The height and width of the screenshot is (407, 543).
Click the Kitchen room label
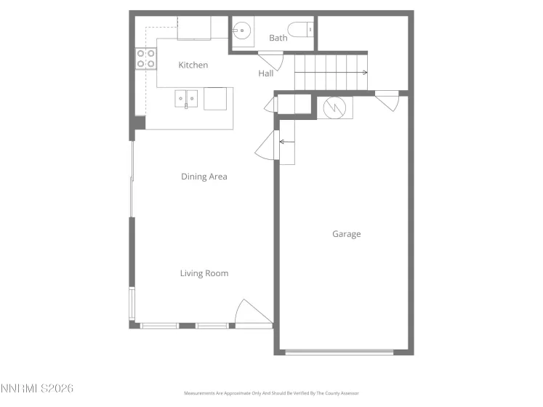[193, 65]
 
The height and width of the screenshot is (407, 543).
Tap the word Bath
[278, 38]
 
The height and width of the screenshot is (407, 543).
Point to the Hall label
[266, 73]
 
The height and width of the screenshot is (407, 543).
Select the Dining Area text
[204, 177]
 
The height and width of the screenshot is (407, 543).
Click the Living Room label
[204, 273]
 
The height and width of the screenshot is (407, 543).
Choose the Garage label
[347, 234]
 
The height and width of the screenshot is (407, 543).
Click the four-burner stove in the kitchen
[146, 58]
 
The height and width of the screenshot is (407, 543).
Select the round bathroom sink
[242, 31]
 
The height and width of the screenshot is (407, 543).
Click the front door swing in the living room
[250, 313]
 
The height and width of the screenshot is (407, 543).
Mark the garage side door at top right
[388, 101]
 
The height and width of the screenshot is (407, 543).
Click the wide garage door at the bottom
[339, 352]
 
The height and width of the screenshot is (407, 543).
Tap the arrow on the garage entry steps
[285, 142]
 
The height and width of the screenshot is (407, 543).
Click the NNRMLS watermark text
[37, 389]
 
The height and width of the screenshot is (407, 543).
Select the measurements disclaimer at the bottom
[271, 393]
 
